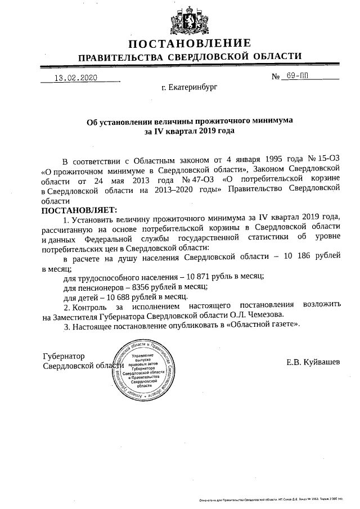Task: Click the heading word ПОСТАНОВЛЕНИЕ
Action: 190,43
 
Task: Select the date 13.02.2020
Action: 72,78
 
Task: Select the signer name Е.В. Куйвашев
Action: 313,362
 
